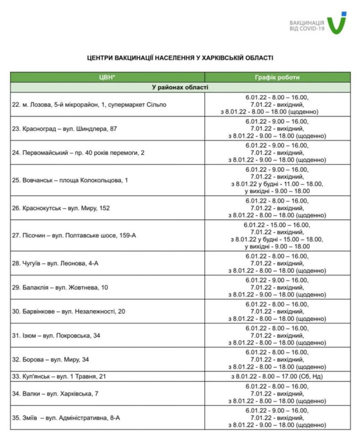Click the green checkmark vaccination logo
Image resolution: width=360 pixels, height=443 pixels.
(337, 23)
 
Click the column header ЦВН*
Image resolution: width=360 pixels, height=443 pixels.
(107, 77)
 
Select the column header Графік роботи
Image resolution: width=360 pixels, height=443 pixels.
(277, 77)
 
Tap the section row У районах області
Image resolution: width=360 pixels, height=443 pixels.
(180, 87)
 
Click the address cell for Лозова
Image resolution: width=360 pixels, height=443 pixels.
(89, 105)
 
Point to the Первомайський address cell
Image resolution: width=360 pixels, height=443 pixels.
(78, 153)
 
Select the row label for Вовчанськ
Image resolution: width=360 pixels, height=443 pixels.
(70, 180)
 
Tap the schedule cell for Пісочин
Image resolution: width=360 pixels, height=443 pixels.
(277, 236)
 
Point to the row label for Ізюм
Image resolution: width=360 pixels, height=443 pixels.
(56, 335)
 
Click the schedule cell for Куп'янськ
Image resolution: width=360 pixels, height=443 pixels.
(277, 377)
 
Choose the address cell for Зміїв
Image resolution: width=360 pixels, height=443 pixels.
(66, 417)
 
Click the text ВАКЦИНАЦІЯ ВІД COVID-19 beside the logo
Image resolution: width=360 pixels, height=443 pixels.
(306, 25)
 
